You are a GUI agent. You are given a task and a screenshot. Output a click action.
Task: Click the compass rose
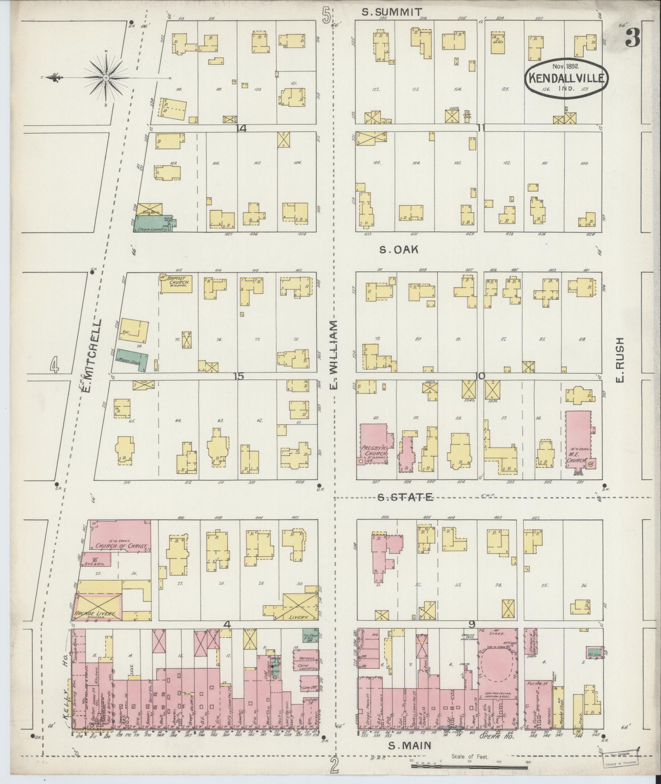[x=106, y=77]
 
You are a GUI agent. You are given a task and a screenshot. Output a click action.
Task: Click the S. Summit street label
[x=391, y=12]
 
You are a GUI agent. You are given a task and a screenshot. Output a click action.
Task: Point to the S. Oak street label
[x=398, y=249]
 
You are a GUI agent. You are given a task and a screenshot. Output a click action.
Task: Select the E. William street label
[x=334, y=355]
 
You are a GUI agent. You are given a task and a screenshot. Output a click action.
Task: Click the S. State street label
[x=405, y=498]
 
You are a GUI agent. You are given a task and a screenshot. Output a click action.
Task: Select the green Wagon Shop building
[x=132, y=359]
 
